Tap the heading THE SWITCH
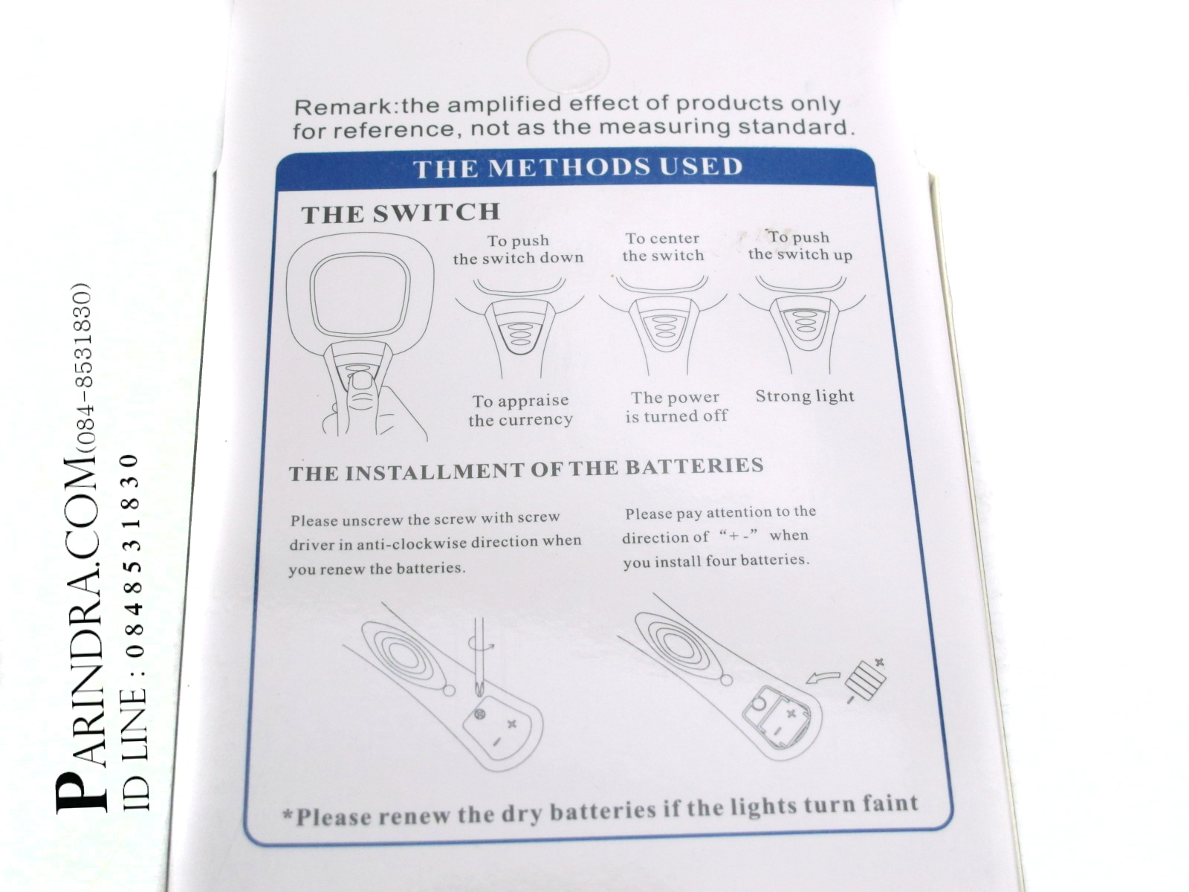tap(401, 213)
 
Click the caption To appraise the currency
tap(521, 410)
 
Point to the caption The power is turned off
tap(676, 407)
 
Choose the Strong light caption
tap(804, 396)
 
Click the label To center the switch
tap(662, 247)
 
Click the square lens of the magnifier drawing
tap(360, 293)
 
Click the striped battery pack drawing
tap(866, 680)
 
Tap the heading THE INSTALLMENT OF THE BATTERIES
tap(526, 469)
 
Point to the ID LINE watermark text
tap(134, 632)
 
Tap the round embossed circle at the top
tap(568, 61)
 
